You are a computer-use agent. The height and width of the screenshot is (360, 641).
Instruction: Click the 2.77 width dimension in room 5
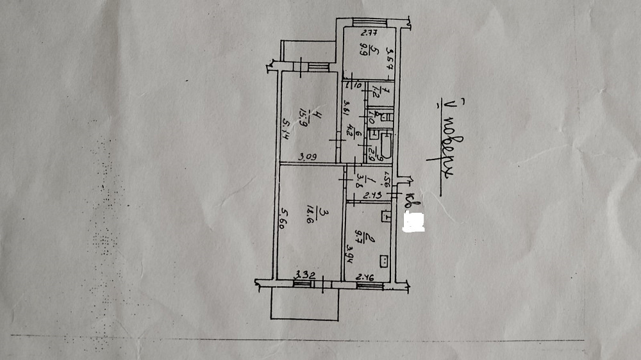[367, 33]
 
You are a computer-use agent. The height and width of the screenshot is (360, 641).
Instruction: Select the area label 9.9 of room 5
[365, 51]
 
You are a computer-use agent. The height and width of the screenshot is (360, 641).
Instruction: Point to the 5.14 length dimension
[285, 131]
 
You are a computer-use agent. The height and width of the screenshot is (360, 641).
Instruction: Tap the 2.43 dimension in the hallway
[372, 195]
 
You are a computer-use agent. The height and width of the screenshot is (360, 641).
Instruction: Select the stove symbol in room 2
[385, 261]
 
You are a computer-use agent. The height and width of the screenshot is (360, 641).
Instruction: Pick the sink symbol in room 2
[386, 217]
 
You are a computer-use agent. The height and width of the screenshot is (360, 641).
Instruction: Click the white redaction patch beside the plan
[413, 222]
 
